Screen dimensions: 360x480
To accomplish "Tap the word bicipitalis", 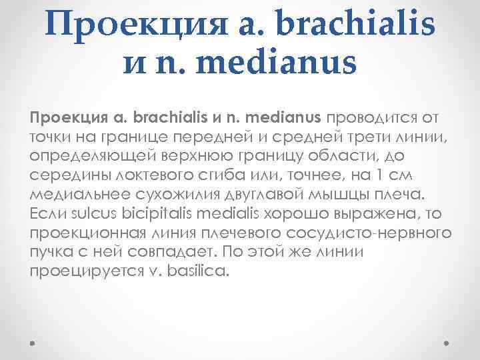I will [x=151, y=214].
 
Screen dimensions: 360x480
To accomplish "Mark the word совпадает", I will [x=177, y=253].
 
